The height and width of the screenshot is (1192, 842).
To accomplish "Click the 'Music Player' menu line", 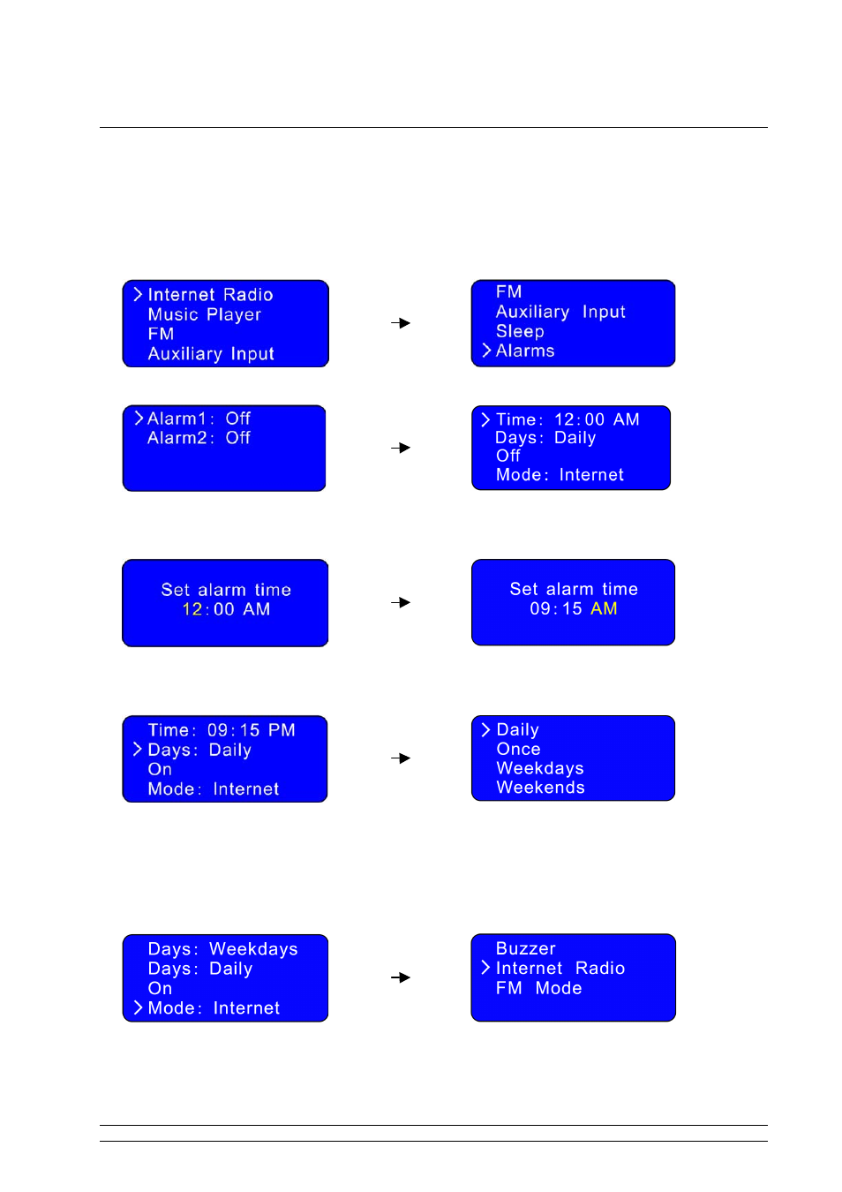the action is (204, 314).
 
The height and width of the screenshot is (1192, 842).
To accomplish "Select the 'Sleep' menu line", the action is (520, 331).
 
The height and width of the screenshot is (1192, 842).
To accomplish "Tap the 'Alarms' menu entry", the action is (525, 351).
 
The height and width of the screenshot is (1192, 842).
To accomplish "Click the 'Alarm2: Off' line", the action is (199, 437).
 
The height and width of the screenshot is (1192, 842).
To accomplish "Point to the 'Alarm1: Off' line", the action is (199, 419).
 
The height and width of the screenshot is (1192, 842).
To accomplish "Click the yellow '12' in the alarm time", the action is (192, 608).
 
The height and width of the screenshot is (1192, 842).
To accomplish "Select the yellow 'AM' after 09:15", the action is (604, 608).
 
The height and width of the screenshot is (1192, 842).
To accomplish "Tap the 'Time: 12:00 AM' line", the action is (568, 419).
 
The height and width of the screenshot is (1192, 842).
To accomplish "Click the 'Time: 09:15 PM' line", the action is (222, 729).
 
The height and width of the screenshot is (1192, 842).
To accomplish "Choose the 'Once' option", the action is (518, 749).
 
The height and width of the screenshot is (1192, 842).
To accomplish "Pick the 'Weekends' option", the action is (540, 787).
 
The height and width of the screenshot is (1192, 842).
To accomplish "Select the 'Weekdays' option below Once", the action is (540, 768).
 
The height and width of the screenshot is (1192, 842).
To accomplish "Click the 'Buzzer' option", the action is (525, 948).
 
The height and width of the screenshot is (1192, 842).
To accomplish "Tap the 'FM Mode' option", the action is (538, 988).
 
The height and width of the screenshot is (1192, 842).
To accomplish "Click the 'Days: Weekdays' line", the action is (223, 949).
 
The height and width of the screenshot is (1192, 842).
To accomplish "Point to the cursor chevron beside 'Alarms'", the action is (485, 351).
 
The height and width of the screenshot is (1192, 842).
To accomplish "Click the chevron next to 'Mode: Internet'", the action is (138, 1007).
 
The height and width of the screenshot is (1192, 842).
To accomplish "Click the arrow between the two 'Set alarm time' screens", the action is (401, 602).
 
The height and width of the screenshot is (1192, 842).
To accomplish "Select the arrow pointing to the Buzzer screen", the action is (401, 977).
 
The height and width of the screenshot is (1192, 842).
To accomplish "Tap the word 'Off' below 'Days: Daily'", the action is (508, 456).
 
